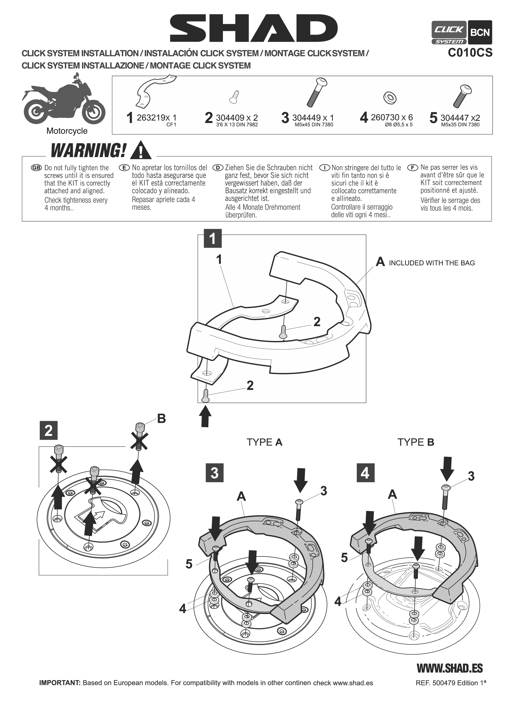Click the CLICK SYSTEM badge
coord(449,33)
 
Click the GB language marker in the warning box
coord(36,168)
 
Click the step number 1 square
coord(213,239)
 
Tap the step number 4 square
coord(365,473)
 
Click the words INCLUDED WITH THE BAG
coord(432,263)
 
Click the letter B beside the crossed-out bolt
coord(161,419)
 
